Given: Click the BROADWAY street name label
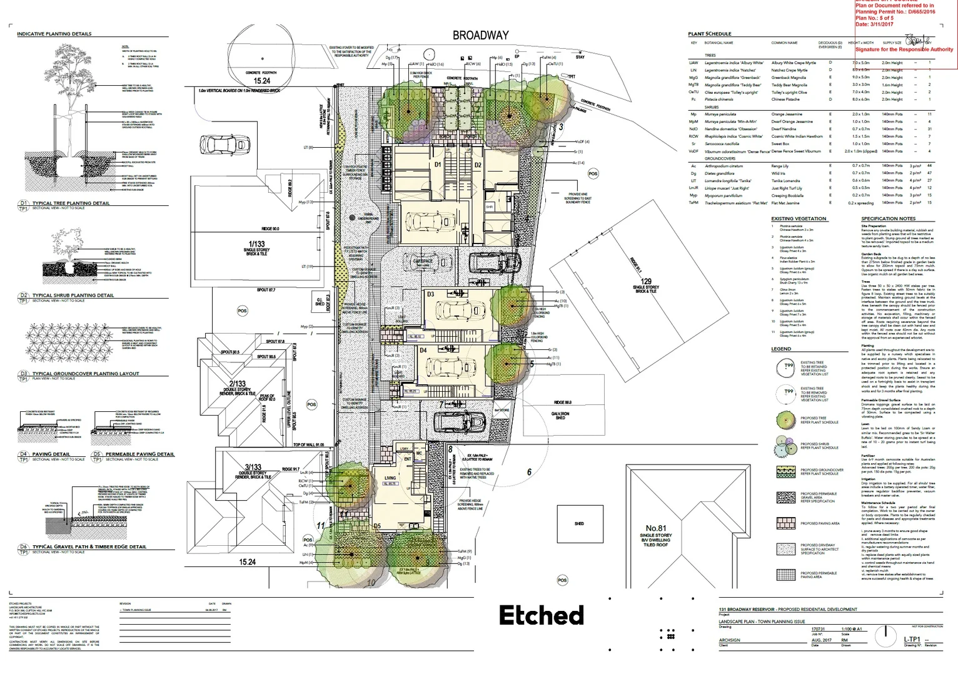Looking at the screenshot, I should tap(480, 36).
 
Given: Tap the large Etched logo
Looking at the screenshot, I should tap(542, 616).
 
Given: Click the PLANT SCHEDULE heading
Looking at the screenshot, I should tap(709, 34).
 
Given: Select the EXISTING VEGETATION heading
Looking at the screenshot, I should tap(799, 218).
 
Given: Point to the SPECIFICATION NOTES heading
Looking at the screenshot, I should tap(888, 218).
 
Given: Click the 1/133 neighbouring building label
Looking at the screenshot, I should tap(256, 244).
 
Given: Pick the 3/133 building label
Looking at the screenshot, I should tap(253, 467).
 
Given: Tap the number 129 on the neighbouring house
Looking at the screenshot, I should tap(646, 282).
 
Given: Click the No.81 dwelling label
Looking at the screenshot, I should tap(655, 528).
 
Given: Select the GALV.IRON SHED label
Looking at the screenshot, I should tap(560, 415).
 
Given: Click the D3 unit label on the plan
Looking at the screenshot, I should tap(430, 294).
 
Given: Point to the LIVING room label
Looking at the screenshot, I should tap(390, 478).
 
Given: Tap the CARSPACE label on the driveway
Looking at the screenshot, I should tap(423, 261).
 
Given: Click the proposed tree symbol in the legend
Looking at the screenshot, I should tap(785, 419).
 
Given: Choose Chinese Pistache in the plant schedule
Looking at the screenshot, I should tap(785, 100).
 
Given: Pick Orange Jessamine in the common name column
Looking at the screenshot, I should tap(786, 115).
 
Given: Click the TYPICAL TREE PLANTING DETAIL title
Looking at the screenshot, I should tap(71, 203).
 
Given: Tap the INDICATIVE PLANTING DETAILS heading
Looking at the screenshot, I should tap(54, 34).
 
